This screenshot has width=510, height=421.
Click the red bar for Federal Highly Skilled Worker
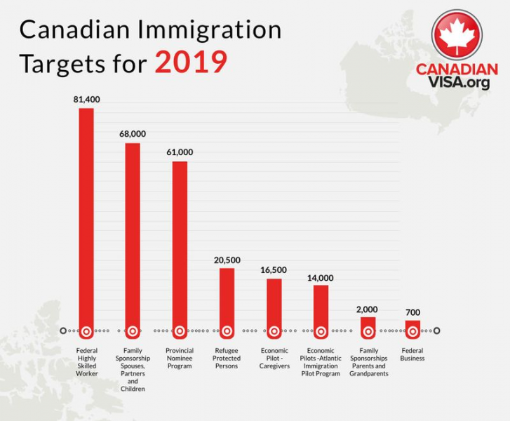86,218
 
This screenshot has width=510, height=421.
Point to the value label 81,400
86,100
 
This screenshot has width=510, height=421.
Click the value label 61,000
180,152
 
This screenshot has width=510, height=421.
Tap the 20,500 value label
227,260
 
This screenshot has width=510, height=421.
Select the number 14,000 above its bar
320,277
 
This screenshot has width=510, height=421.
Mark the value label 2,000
368,309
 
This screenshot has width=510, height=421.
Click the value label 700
413,312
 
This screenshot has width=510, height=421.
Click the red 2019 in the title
191,62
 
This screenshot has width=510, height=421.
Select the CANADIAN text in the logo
457,69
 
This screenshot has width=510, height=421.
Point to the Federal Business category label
412,354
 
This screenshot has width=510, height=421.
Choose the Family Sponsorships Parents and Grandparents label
368,362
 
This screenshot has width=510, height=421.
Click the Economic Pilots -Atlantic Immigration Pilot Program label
321,362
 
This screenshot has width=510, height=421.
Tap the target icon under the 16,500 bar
274,330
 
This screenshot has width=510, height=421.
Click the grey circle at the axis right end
436,330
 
